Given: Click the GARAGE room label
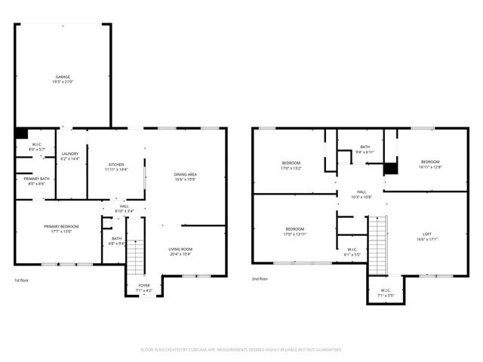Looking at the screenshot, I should [x=63, y=77].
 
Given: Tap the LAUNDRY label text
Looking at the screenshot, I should [x=70, y=154].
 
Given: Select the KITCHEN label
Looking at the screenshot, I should [x=116, y=164].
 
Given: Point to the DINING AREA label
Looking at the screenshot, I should [x=185, y=175].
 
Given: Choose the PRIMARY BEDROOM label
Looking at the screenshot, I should [x=61, y=226].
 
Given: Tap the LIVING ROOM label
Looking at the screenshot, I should [x=180, y=250].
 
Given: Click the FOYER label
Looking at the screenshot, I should [x=143, y=286].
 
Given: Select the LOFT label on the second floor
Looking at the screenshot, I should [x=427, y=235].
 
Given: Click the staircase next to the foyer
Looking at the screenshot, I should [x=134, y=257].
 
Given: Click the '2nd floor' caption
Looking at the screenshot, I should [x=260, y=279].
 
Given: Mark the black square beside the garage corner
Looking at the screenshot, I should [x=21, y=133].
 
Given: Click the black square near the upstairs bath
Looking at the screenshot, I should [x=390, y=169].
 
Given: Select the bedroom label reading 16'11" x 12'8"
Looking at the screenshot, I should [x=430, y=163].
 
